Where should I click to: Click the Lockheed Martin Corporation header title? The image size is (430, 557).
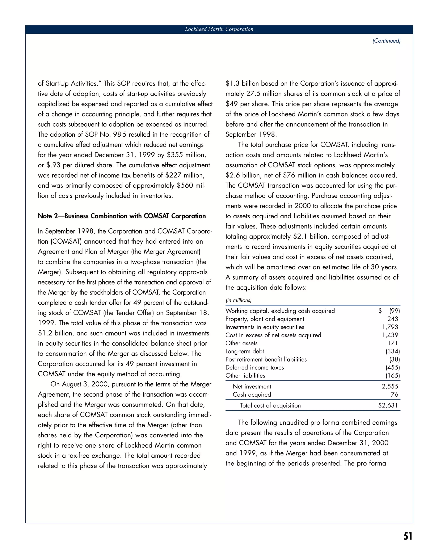click(x=219, y=29)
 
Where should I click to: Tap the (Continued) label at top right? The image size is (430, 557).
click(x=387, y=41)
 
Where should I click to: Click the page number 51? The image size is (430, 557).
click(x=408, y=536)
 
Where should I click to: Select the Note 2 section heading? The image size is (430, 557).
click(x=122, y=216)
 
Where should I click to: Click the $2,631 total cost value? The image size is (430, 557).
click(x=388, y=405)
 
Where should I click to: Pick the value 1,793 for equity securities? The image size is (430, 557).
click(x=390, y=327)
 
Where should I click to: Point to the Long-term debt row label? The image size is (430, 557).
click(x=245, y=351)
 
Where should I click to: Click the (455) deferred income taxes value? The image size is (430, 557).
click(x=393, y=367)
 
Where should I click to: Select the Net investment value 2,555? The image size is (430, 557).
click(x=390, y=387)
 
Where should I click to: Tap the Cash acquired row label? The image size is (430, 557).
click(x=252, y=395)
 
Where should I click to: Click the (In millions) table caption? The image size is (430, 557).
click(x=239, y=300)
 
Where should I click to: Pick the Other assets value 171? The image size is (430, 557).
click(x=393, y=343)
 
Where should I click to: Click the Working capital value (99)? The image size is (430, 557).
click(x=394, y=311)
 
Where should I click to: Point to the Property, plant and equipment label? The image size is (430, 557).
click(x=265, y=319)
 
